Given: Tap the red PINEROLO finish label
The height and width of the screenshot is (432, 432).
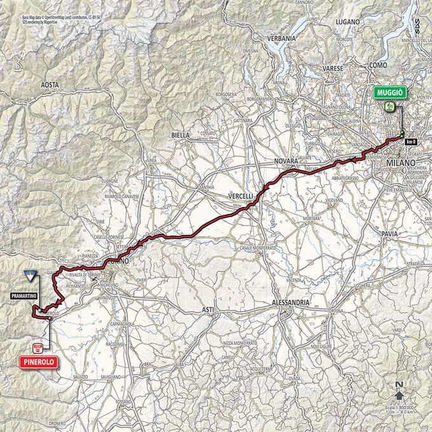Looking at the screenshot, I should coord(37,361).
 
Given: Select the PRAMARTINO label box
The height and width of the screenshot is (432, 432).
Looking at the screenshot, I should coord(24,295).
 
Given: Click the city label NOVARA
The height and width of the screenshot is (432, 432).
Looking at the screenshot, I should coord(286,162).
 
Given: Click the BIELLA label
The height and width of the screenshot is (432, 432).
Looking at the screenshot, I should coord(181,136).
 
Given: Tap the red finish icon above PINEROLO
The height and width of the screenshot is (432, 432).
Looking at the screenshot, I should coord(37,347).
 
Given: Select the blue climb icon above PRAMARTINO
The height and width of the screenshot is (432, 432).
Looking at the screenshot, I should coord(29,275).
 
